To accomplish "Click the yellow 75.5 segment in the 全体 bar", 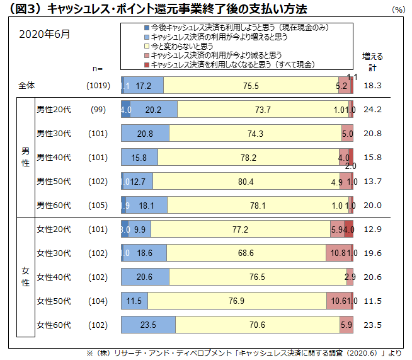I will [x=251, y=85].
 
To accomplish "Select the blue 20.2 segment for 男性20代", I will [x=153, y=110].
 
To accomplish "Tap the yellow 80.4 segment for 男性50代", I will [x=246, y=182].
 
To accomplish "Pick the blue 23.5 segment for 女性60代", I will [x=149, y=325].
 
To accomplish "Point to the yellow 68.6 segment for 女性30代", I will [x=246, y=253].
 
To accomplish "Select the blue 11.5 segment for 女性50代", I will [x=134, y=301].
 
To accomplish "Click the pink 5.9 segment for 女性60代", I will [x=346, y=325].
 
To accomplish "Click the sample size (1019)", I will [x=98, y=85].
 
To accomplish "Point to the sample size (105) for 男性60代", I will [x=98, y=206].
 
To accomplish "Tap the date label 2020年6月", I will [x=45, y=34].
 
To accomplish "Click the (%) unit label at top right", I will [x=398, y=10].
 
